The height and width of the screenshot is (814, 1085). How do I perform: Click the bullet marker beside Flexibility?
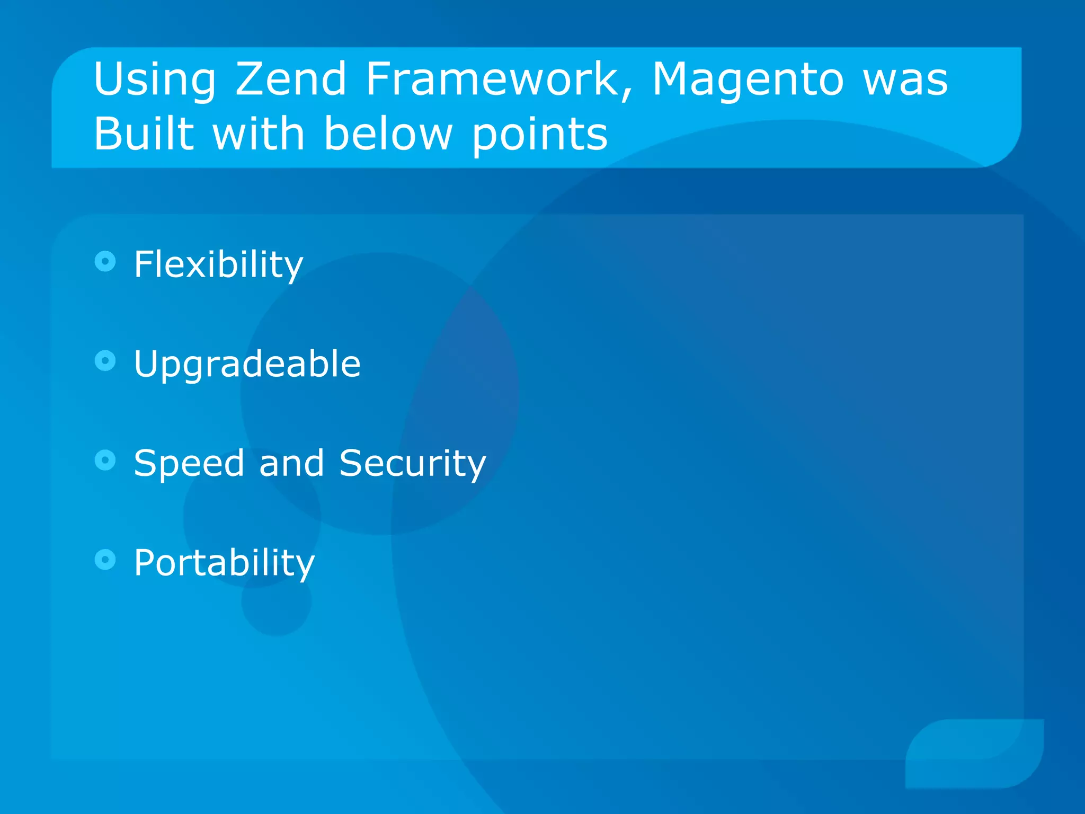coord(105,261)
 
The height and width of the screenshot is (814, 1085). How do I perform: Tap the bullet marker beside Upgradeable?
coord(105,361)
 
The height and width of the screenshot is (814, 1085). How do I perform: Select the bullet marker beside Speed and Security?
coord(105,460)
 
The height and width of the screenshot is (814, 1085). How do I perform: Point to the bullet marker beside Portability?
coord(105,559)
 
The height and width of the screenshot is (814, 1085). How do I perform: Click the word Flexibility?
coord(218,264)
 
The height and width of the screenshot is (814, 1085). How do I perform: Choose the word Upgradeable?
coord(247,365)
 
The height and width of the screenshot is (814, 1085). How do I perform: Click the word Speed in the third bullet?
coord(189,464)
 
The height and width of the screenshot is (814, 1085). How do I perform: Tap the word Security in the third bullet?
coord(412,464)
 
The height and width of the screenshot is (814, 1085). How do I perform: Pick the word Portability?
coord(224,563)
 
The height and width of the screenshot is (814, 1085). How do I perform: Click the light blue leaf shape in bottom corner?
coord(974,753)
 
